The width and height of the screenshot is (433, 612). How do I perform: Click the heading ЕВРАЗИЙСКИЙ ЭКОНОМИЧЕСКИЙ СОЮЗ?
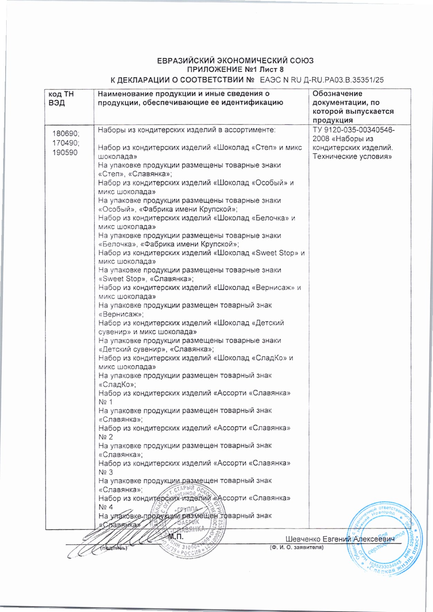click(235, 61)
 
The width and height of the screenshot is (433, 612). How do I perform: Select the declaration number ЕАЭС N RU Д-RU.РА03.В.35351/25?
click(321, 80)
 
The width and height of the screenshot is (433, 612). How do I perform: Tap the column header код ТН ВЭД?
click(61, 98)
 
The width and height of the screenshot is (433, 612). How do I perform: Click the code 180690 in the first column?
click(66, 134)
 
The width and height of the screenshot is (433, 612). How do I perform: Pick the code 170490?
click(66, 143)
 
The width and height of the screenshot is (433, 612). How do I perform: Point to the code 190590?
click(65, 152)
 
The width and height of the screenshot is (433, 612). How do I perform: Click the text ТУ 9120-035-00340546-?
click(354, 130)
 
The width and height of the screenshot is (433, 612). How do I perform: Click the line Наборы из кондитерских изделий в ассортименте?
click(187, 130)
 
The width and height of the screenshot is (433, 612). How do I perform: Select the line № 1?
click(106, 402)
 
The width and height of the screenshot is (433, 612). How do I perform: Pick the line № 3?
click(106, 472)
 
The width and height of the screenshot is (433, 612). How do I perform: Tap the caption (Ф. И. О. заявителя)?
click(296, 547)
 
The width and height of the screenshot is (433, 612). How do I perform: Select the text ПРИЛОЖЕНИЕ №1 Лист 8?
click(235, 70)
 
